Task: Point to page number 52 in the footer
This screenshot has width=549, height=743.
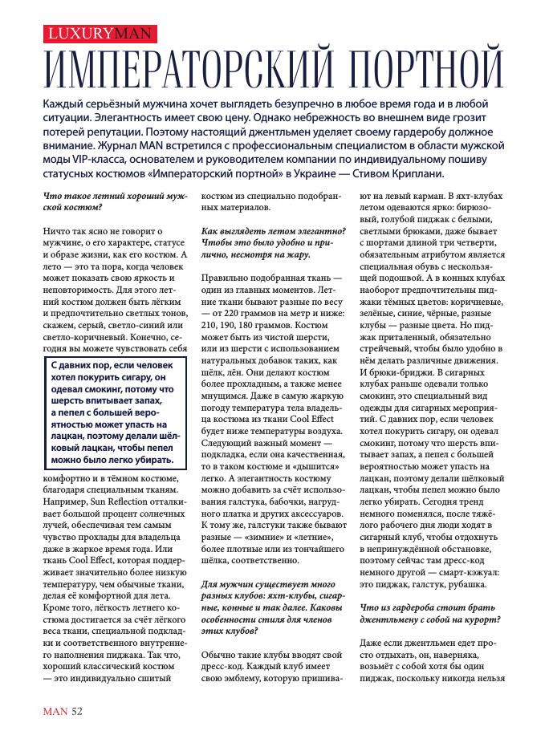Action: coord(76,709)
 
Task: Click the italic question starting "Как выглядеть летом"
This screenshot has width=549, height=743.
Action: coord(273,245)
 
